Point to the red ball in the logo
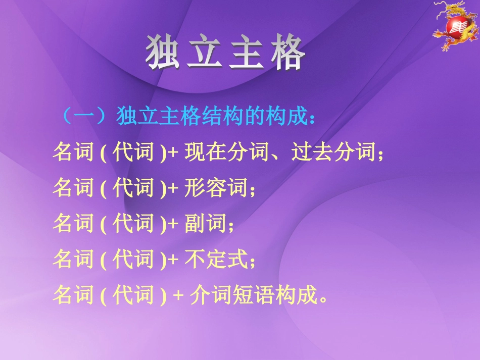[x=454, y=29]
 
